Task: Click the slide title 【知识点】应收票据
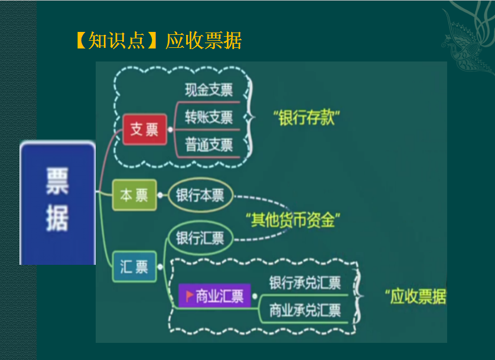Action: point(158,41)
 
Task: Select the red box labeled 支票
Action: point(144,129)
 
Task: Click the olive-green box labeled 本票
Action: point(134,195)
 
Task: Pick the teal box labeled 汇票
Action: point(134,267)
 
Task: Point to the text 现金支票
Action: point(209,90)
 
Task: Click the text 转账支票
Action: point(209,117)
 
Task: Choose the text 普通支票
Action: point(209,145)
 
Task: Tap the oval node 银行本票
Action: point(200,196)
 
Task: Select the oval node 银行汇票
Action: point(200,238)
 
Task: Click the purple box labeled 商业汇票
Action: point(214,296)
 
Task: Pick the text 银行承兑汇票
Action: point(305,283)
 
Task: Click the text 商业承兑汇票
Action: point(305,309)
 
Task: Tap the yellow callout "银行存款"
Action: point(305,117)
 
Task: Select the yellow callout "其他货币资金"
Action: point(293,220)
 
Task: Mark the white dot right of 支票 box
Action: point(171,129)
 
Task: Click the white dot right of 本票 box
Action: point(161,195)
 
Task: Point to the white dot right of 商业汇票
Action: point(255,296)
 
